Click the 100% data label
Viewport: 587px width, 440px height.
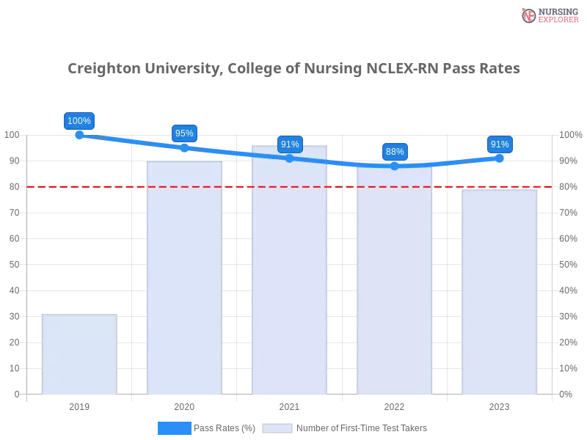pos(79,121)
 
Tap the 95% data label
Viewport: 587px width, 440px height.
pos(184,133)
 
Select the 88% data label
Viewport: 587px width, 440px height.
pos(395,152)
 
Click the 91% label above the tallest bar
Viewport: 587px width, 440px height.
pos(290,144)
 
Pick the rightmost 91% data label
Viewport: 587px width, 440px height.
pos(500,144)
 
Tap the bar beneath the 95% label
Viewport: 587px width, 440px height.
pos(184,279)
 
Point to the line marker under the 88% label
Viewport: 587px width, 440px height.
pos(395,166)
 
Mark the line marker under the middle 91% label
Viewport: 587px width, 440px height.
pos(289,158)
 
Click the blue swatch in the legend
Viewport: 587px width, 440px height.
pos(174,428)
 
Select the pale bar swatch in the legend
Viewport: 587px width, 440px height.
pos(277,428)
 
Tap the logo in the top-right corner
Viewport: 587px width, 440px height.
pos(548,15)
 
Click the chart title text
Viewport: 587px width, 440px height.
pos(293,69)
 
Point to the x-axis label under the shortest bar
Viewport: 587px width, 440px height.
pos(79,406)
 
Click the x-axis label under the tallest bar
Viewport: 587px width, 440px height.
pos(288,406)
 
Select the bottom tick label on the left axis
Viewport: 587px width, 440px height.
pos(16,395)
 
